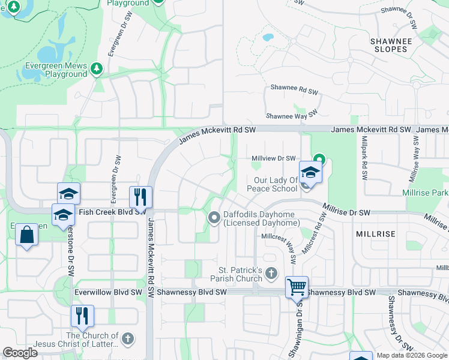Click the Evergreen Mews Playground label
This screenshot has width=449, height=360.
[x=56, y=70]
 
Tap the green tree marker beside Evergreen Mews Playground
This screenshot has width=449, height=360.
[x=96, y=70]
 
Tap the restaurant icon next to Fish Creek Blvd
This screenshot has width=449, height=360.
[x=140, y=197]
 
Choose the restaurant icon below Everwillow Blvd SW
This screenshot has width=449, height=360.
[x=82, y=316]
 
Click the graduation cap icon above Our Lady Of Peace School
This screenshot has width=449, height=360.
[x=310, y=172]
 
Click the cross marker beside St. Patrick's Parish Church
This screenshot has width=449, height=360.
[x=271, y=274]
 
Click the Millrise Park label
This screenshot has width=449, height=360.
[x=426, y=193]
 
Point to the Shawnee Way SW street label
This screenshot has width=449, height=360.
[x=291, y=116]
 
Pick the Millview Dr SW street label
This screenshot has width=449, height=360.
[x=273, y=158]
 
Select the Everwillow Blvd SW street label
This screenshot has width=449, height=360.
[x=109, y=292]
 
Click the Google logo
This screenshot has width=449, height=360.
[x=20, y=353]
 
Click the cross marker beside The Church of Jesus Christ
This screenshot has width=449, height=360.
[x=127, y=340]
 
